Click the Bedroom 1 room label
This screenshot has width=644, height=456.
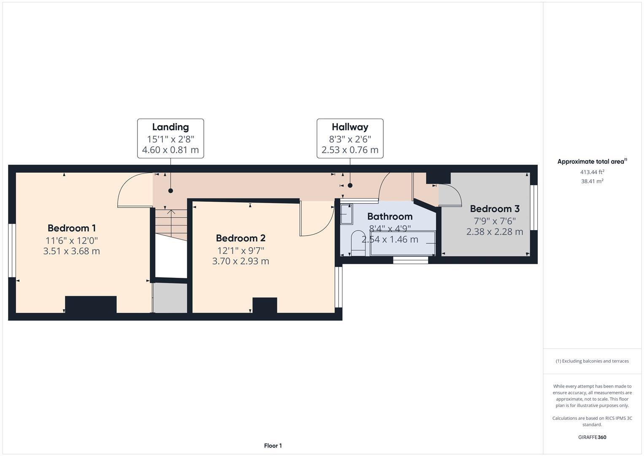(x=72, y=228)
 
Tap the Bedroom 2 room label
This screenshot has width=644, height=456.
(x=240, y=238)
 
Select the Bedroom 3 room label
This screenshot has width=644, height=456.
(x=495, y=209)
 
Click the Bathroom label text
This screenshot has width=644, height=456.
(x=390, y=217)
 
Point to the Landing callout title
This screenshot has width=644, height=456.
(x=170, y=127)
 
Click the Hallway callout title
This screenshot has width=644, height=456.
(x=350, y=127)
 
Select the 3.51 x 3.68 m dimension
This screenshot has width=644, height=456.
(x=72, y=251)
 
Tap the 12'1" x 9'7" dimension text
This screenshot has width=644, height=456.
(x=240, y=250)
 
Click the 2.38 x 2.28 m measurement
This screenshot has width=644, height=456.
(x=495, y=232)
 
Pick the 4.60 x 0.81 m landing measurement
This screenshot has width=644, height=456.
(x=170, y=150)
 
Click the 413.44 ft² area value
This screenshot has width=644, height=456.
(x=592, y=172)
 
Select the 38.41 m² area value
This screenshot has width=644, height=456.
(x=592, y=181)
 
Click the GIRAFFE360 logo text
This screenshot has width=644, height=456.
(x=592, y=437)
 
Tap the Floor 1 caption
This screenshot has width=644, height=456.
(x=273, y=445)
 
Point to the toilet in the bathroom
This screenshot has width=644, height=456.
(x=358, y=243)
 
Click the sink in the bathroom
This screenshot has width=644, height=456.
(x=347, y=214)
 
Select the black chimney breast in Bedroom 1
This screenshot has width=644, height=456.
(x=91, y=304)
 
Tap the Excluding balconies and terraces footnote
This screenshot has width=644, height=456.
(x=592, y=361)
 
